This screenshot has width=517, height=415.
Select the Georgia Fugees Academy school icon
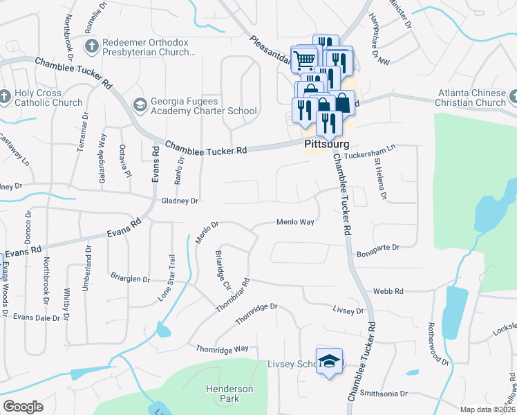(139, 104)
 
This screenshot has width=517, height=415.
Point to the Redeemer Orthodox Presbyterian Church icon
(91, 46)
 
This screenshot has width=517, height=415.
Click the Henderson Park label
(229, 394)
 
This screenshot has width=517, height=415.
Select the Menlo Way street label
(295, 222)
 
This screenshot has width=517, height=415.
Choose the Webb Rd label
(389, 292)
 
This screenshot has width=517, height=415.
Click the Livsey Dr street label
(348, 311)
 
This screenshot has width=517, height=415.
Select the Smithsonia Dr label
(384, 393)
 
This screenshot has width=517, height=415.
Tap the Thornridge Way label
(222, 349)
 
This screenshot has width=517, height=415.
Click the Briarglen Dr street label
(130, 279)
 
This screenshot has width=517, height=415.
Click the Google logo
(23, 407)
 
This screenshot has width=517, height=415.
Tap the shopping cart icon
(303, 59)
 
